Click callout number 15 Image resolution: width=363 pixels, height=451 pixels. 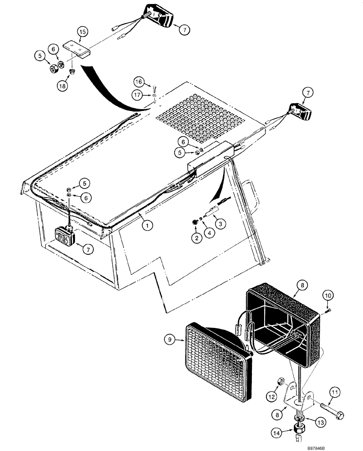82,32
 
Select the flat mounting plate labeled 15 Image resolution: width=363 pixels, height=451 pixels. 76,48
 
